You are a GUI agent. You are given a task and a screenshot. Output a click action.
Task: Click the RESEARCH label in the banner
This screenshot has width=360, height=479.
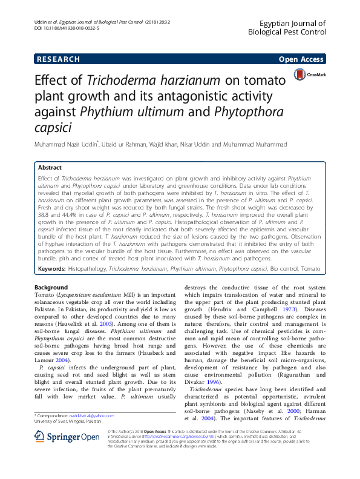[58, 59]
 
